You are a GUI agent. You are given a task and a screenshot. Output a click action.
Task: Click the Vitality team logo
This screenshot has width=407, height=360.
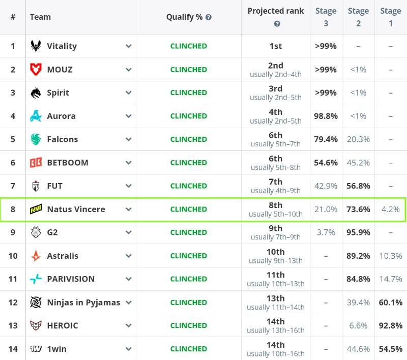36,46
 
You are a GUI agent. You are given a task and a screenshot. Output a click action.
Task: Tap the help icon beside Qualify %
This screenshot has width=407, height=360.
209,17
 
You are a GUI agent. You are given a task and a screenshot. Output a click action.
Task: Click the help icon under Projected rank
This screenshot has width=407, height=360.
277,24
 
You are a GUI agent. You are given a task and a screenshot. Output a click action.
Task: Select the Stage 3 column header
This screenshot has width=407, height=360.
326,17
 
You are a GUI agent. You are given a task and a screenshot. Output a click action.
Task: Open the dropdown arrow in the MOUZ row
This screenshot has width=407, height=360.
129,70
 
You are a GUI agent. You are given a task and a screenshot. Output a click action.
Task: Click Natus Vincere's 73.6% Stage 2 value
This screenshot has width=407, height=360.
358,209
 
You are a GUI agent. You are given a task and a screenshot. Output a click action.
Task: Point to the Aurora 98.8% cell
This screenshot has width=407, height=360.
326,116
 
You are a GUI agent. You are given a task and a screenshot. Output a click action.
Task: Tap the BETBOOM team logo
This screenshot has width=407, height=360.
36,163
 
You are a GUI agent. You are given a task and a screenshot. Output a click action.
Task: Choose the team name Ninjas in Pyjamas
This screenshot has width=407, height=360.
83,303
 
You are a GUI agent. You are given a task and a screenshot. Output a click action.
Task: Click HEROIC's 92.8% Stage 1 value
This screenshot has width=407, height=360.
391,325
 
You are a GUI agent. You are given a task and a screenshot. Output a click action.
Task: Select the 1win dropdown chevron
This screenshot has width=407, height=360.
129,349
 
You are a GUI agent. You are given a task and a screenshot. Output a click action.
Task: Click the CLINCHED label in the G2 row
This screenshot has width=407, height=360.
189,232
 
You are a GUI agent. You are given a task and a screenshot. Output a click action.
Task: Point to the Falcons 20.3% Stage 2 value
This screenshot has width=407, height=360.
358,139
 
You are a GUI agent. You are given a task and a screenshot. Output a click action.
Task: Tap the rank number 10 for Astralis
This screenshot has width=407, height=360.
13,256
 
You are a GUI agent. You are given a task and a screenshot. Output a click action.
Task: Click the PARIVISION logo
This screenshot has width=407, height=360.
36,279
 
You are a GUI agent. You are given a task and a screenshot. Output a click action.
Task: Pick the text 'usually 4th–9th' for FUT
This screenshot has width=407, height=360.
276,191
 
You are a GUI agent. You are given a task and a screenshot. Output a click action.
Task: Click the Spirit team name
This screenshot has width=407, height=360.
58,93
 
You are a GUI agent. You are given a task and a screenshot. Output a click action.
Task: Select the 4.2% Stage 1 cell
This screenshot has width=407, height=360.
391,209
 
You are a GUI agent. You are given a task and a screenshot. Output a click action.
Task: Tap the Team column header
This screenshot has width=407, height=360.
40,17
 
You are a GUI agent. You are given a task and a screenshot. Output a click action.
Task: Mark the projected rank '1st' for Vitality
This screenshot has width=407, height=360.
276,46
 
